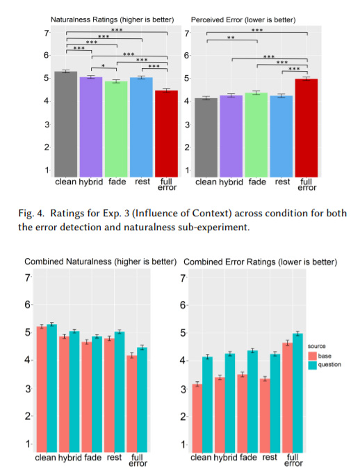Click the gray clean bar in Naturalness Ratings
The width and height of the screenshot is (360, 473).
66,124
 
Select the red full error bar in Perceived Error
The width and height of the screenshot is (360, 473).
306,128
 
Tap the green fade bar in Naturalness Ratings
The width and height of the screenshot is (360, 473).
116,129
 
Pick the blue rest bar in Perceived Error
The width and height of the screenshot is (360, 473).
281,136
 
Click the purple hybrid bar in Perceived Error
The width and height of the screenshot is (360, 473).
231,136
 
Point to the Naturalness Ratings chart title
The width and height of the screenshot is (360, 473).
112,20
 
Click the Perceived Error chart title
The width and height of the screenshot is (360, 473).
243,20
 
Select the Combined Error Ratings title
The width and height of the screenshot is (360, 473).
260,262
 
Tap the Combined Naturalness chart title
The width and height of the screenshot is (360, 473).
100,262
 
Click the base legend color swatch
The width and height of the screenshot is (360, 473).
312,356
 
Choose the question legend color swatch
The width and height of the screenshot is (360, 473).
312,364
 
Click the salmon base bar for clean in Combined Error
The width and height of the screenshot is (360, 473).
197,418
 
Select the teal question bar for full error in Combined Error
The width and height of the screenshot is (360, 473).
298,393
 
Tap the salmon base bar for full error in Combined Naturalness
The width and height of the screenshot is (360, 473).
132,403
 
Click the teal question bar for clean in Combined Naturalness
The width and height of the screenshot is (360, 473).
52,388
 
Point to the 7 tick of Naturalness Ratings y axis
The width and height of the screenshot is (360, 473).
47,33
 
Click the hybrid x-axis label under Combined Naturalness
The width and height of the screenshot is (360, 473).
69,458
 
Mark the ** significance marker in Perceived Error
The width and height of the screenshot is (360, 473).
231,38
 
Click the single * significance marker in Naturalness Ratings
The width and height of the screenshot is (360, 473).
103,65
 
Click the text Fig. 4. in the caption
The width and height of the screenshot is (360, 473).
31,214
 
